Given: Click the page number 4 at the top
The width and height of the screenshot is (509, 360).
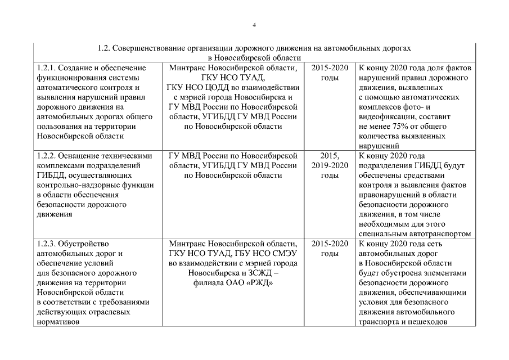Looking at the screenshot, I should tap(254, 25).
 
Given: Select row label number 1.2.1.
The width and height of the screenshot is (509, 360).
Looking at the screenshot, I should tap(45, 68).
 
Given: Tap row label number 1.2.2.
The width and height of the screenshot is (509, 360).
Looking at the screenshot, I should tap(45, 156).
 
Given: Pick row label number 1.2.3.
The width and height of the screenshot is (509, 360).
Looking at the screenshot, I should tap(45, 244).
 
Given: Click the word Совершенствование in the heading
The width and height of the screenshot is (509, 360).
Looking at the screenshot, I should tap(148, 48).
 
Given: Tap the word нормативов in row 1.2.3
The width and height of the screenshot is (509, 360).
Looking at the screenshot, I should tap(57, 322).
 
